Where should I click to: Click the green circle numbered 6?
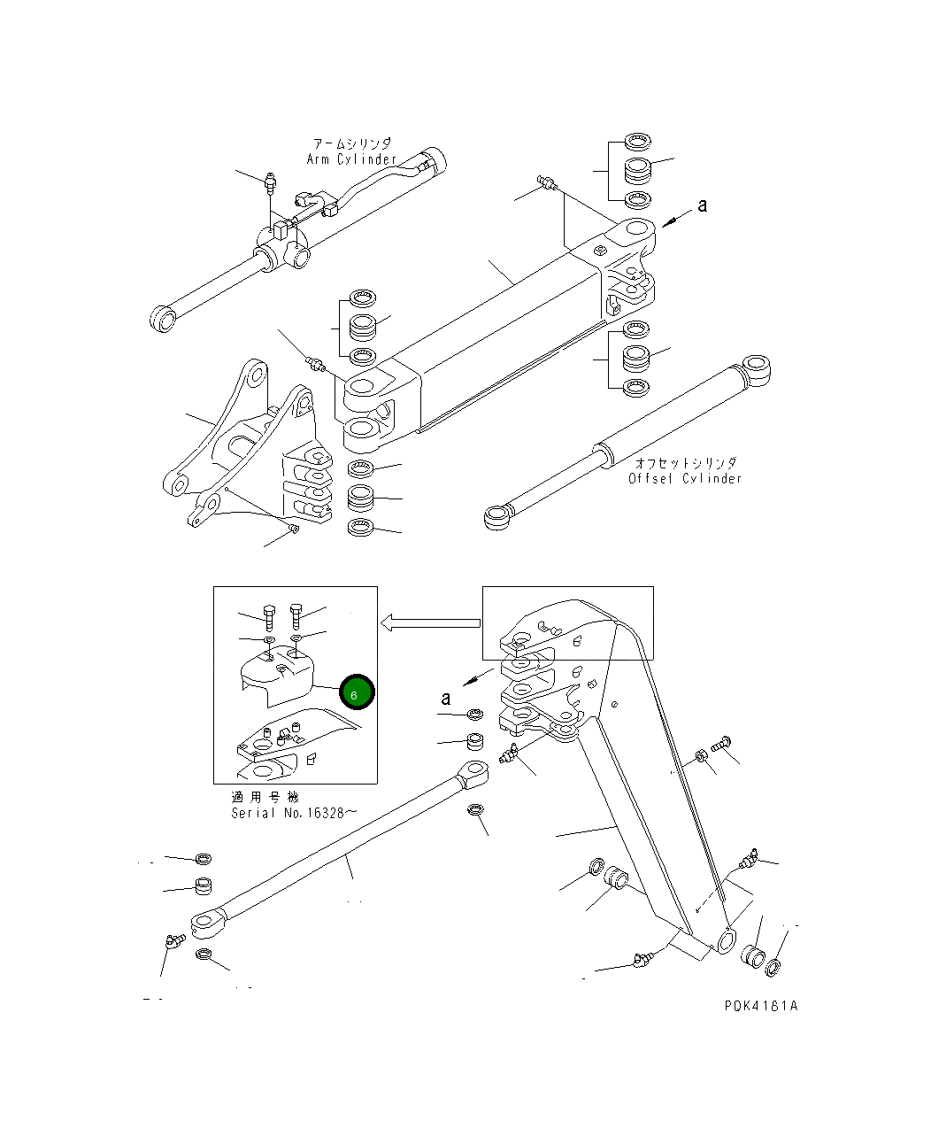pos(357,693)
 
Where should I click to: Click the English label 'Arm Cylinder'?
pos(351,159)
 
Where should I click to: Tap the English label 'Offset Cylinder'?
pos(685,479)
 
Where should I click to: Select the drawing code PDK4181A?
pos(760,1006)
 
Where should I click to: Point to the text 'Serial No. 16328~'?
pos(295,813)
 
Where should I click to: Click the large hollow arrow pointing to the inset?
pos(429,624)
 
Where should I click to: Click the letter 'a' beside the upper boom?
pos(703,205)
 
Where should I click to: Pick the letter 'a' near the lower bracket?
pos(446,699)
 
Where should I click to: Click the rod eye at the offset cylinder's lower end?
pos(498,516)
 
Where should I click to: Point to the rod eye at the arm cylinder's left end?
pos(162,318)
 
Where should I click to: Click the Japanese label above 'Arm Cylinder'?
pos(351,143)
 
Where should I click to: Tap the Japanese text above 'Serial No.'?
pos(265,797)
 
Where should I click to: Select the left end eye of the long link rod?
pos(207,925)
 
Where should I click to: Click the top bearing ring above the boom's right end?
pos(637,141)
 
